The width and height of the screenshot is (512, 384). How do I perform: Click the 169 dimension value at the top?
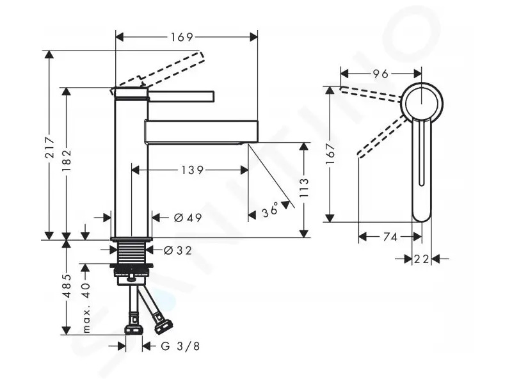[x=182, y=37]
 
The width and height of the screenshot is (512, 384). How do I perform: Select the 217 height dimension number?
[x=50, y=148]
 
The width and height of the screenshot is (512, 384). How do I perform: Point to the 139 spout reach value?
[x=193, y=170]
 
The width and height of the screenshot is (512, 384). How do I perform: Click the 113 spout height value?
[x=303, y=188]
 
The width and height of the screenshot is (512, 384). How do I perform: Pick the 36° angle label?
[x=270, y=211]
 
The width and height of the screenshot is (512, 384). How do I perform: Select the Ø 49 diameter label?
[x=188, y=218]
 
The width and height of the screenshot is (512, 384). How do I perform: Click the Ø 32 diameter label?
[x=178, y=250]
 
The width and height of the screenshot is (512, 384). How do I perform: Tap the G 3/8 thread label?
[x=180, y=346]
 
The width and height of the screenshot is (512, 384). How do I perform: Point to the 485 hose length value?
[x=67, y=285]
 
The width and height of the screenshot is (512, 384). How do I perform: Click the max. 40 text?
[x=86, y=308]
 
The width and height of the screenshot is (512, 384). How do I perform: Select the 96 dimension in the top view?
[x=380, y=74]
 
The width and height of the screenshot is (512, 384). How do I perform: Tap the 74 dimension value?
[x=390, y=237]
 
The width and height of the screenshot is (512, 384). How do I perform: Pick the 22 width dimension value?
[x=421, y=259]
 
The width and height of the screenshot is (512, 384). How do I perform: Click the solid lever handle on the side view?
[x=181, y=97]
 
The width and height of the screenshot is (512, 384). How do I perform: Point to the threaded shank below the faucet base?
[x=131, y=252]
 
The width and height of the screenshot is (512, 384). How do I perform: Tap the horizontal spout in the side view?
[x=201, y=132]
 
